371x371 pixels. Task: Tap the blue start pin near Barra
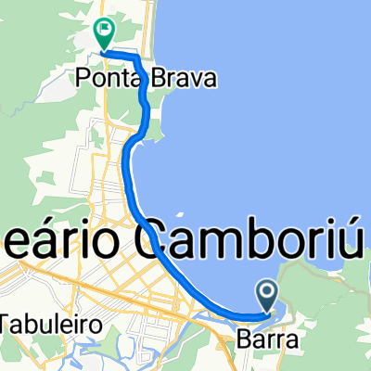point(266,297)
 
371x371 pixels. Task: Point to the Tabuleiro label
point(41,323)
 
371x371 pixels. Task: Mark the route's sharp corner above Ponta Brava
point(139,58)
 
